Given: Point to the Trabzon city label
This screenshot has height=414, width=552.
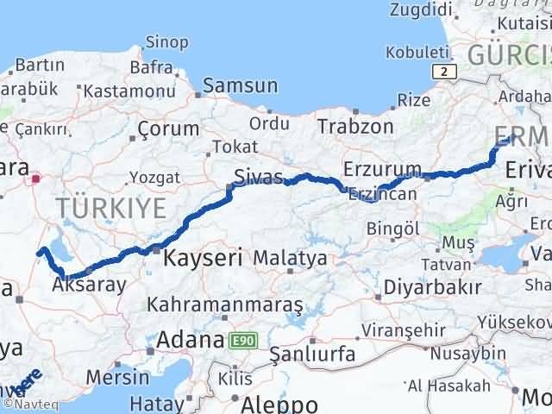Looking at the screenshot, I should pos(355,126).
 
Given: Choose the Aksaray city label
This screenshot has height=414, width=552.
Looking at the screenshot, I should pos(89,284).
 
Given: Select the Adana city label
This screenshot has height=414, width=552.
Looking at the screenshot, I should pos(187,339).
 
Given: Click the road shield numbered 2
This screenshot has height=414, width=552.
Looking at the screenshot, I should pos(442,72).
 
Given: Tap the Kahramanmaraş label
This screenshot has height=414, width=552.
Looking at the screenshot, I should pos(225,305).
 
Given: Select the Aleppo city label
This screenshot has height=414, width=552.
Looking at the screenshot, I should pos(279,405).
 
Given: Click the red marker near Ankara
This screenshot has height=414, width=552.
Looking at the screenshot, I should pos(35,179).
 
